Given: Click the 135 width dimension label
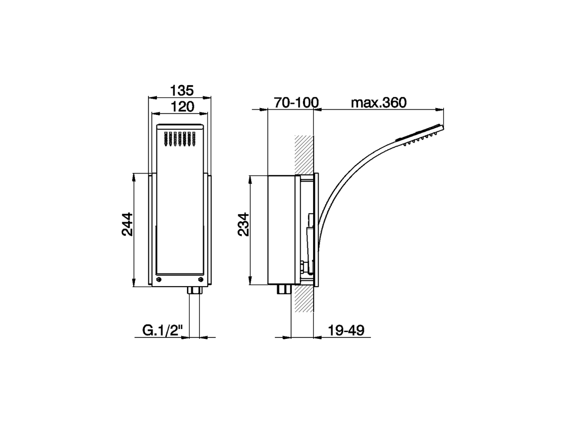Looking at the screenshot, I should (182, 91).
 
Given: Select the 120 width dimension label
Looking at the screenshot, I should (182, 106).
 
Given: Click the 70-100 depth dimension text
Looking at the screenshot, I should (296, 102).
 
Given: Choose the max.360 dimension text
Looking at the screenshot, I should (378, 102).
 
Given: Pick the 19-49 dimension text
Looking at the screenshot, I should (346, 330).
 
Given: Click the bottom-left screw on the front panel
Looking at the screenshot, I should (159, 279).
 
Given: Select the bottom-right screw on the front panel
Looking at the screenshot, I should (202, 279).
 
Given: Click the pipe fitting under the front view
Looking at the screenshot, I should (194, 291).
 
